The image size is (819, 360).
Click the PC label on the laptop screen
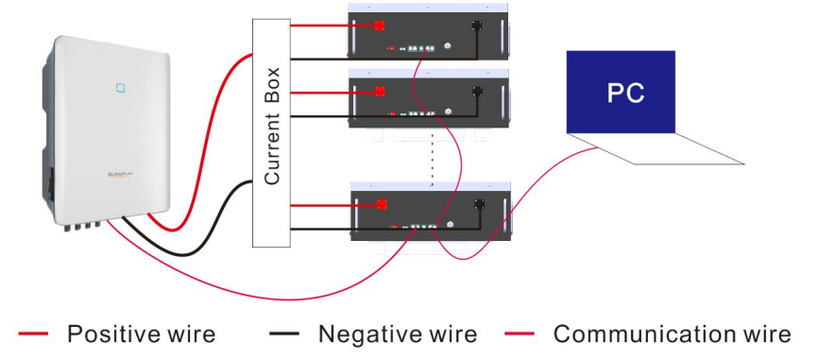(625, 93)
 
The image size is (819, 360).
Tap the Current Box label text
(272, 126)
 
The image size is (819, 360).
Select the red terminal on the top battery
(379, 26)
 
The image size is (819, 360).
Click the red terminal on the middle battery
(380, 92)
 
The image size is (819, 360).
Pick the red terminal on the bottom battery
(382, 205)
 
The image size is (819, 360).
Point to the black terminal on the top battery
(476, 26)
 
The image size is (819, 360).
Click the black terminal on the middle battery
(477, 91)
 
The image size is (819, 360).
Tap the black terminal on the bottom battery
(480, 204)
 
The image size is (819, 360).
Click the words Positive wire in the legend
(141, 334)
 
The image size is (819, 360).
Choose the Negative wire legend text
(398, 334)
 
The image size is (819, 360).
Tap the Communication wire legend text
(673, 334)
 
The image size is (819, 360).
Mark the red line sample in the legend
(33, 334)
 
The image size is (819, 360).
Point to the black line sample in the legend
(284, 334)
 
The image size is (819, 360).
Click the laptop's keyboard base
(656, 149)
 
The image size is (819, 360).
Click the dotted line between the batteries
(433, 159)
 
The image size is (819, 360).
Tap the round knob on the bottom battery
(451, 225)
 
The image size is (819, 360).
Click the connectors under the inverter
(82, 225)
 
